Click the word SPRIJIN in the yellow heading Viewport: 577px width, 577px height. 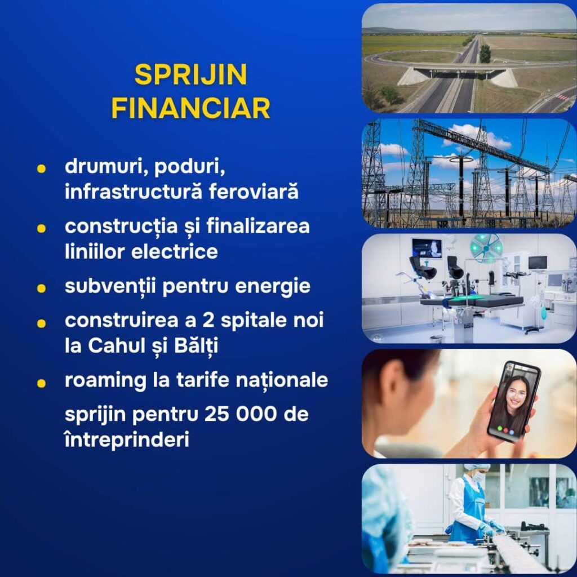click(190, 75)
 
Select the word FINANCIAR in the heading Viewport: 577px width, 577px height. click(190, 108)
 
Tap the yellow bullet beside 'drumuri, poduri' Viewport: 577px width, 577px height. click(41, 168)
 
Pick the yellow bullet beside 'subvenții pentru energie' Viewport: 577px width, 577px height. click(41, 288)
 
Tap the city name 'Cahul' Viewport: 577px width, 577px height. click(116, 345)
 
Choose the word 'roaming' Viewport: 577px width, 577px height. click(105, 380)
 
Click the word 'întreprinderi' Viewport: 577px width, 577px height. click(127, 440)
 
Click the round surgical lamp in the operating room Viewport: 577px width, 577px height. click(486, 248)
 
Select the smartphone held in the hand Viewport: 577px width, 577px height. click(514, 401)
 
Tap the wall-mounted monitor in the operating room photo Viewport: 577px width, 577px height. click(427, 248)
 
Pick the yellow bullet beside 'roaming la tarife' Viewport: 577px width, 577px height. click(41, 383)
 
